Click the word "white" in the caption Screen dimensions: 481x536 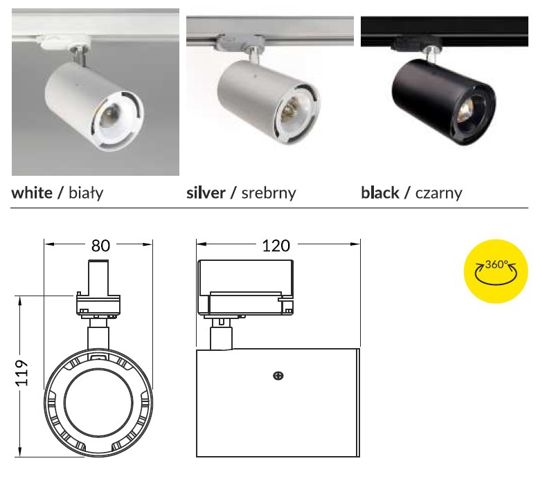point(32,192)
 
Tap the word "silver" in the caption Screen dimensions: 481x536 point(206,192)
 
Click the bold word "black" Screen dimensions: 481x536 point(380,192)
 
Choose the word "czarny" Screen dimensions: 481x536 point(438,192)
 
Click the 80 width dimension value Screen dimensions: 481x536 point(99,245)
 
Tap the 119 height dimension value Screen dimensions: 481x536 point(21,374)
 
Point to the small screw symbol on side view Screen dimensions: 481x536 point(278,376)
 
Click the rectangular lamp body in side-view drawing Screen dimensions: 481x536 point(277,408)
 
